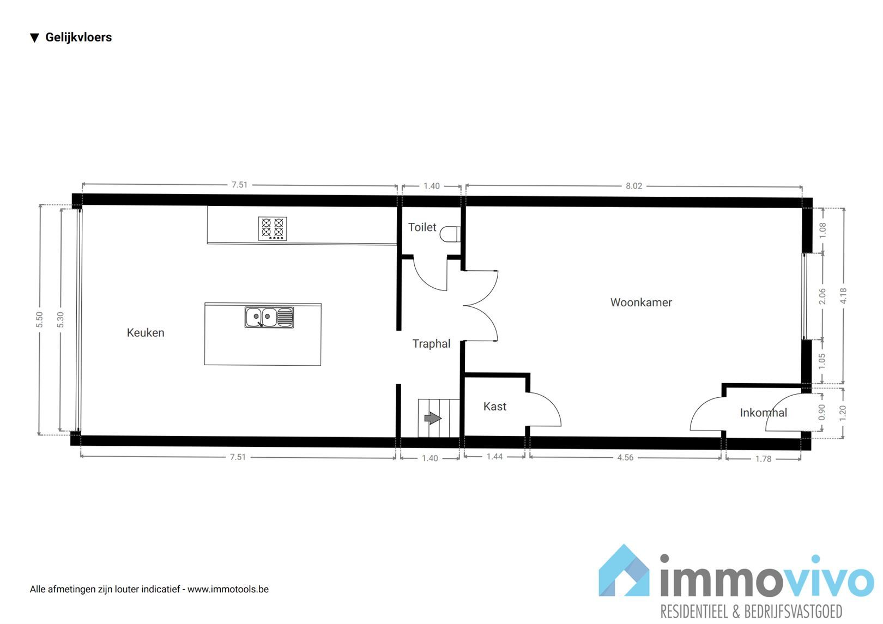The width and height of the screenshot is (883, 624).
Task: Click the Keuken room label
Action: [146, 332]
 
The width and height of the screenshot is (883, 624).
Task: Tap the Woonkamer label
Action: [641, 302]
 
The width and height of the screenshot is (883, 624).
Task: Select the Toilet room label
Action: [422, 227]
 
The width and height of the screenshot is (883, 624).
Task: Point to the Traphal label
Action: [431, 344]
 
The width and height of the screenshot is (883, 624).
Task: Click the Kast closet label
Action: [495, 407]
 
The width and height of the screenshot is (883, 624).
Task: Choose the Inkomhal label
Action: [763, 413]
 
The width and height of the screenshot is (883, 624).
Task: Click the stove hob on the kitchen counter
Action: [273, 228]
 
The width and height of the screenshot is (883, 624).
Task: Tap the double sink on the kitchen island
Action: [269, 317]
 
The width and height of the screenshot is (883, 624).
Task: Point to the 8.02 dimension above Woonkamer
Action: [634, 186]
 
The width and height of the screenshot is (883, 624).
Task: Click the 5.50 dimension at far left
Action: [39, 320]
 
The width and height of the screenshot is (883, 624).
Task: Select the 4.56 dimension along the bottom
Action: [625, 458]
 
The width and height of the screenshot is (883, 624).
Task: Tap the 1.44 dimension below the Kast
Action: [494, 457]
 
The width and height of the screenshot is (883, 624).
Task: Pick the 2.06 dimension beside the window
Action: [822, 296]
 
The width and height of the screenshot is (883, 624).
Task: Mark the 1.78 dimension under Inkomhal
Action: [763, 459]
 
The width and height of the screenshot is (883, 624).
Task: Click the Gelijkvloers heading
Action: [78, 38]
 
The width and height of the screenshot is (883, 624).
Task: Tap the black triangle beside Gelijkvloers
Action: [34, 38]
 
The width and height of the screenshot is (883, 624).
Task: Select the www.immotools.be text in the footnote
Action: [228, 589]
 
